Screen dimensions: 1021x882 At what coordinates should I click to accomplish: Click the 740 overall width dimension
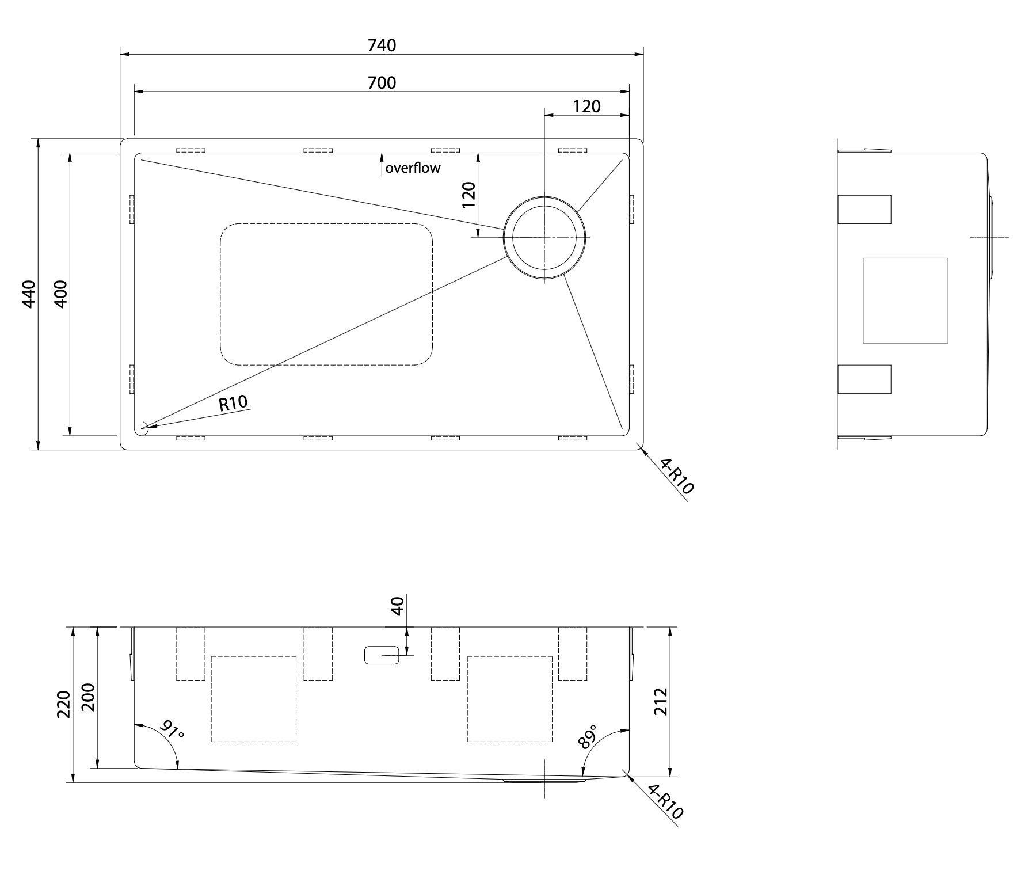(382, 45)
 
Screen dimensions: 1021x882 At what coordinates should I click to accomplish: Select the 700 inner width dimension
(382, 83)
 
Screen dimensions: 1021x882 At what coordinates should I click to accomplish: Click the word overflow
(413, 168)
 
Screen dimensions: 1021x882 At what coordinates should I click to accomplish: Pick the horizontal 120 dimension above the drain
(586, 107)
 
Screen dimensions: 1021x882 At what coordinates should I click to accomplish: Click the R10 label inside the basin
(234, 403)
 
